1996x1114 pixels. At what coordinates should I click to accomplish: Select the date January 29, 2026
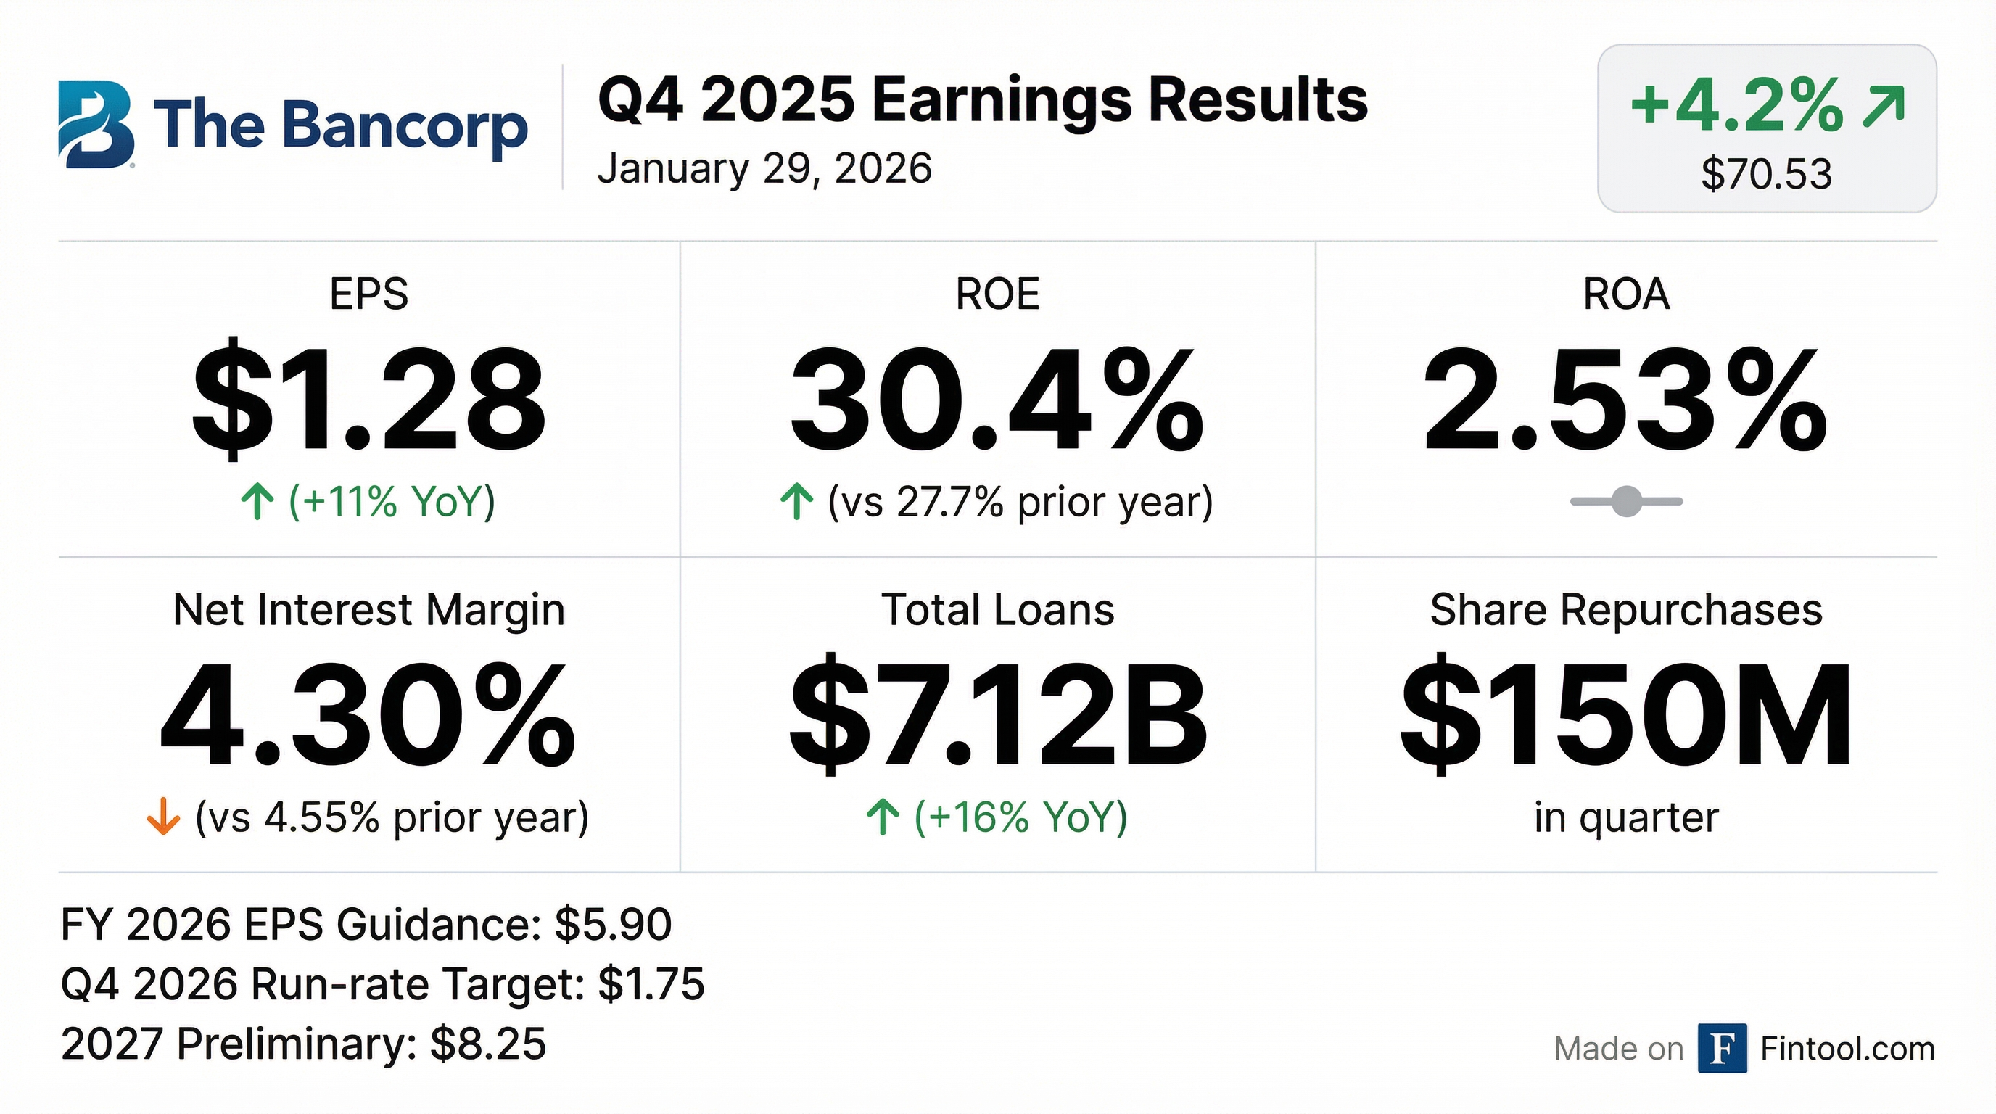764,169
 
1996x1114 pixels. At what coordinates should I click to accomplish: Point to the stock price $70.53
1767,174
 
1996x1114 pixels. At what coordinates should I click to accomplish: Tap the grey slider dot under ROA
1626,501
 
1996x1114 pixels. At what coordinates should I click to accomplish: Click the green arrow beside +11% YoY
257,501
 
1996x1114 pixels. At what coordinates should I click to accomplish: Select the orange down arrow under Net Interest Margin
163,817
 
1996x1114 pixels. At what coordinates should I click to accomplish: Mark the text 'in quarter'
1625,817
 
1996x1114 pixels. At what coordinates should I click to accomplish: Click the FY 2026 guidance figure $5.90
613,925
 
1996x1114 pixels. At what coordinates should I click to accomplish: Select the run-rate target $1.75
651,985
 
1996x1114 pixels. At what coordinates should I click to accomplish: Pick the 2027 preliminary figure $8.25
488,1044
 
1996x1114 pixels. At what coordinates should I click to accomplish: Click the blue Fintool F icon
1722,1048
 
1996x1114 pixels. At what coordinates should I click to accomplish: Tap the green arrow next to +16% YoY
883,817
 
